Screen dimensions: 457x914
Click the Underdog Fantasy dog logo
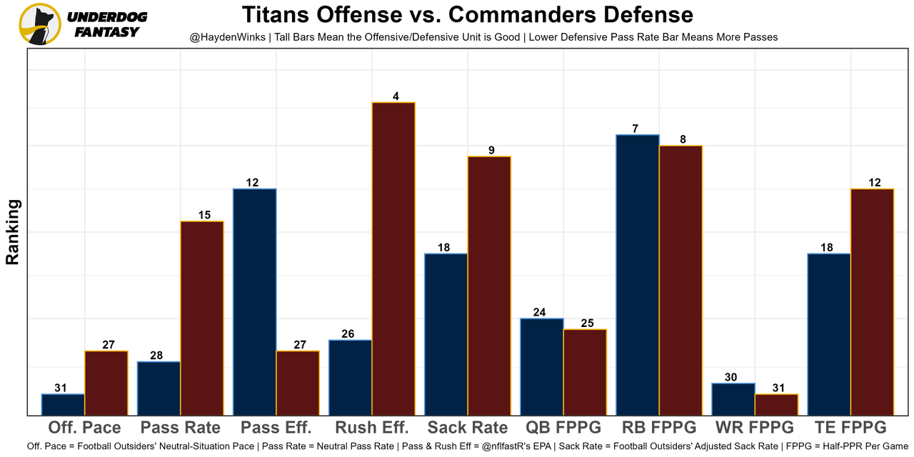[x=39, y=24]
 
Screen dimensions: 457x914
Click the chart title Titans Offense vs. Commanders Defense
[x=467, y=15]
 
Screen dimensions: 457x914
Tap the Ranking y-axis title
[x=13, y=232]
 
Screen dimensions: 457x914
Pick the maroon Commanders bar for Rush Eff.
[x=393, y=258]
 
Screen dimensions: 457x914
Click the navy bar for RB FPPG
[x=637, y=274]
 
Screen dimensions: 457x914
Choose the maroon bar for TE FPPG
[x=872, y=301]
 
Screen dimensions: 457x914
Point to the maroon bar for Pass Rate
[x=201, y=318]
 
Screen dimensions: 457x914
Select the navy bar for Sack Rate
[x=446, y=333]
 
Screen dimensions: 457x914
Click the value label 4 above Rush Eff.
[x=393, y=96]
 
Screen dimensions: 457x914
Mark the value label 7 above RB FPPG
[x=635, y=129]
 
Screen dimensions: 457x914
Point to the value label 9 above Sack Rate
[x=491, y=150]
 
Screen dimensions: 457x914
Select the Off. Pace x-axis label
[x=84, y=428]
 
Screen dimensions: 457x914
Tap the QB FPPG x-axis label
[x=563, y=428]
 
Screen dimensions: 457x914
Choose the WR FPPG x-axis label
[x=755, y=428]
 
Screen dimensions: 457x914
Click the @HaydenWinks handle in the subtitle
[x=223, y=37]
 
